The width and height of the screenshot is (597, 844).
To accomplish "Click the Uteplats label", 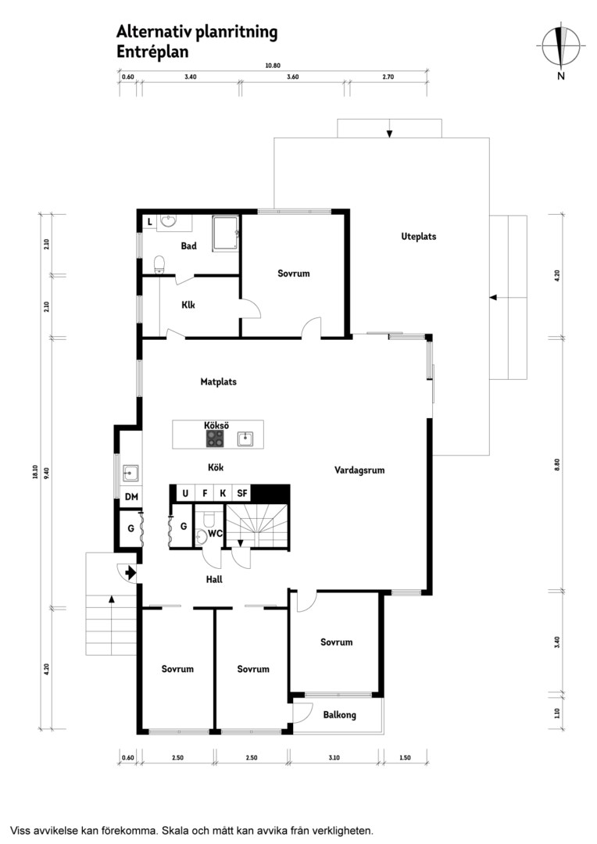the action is click(x=418, y=236).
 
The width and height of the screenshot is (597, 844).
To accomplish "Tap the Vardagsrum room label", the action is click(x=359, y=470).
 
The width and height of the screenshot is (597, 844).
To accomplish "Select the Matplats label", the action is click(x=219, y=381).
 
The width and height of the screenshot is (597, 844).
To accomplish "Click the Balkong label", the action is click(x=340, y=715).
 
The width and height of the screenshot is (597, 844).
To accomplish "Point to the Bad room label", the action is click(x=189, y=246).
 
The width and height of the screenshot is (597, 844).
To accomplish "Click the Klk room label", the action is click(x=188, y=305).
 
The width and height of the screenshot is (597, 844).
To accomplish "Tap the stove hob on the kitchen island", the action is click(x=216, y=438).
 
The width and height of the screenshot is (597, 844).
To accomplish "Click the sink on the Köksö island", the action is click(x=245, y=438).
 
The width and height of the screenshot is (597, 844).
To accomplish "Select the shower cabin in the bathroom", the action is click(x=226, y=234).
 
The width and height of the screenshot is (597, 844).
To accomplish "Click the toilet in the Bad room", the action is click(x=159, y=264).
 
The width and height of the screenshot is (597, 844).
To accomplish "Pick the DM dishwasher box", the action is click(x=131, y=497).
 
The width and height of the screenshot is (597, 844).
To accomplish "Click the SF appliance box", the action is click(x=242, y=492).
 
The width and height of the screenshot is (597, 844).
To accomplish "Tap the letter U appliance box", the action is click(x=186, y=492).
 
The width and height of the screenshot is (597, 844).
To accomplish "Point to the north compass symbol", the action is click(x=561, y=46).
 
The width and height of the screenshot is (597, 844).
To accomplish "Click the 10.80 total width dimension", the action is click(x=273, y=66).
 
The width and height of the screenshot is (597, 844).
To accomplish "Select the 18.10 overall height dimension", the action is click(x=35, y=471).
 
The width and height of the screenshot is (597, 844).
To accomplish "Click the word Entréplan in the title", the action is click(x=152, y=52).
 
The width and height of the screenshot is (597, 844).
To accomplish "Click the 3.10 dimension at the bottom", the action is click(x=334, y=758).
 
